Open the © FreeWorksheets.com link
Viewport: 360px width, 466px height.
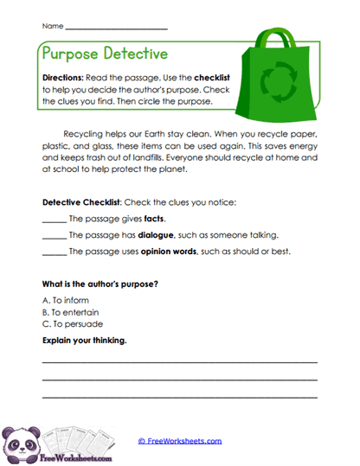click(179, 440)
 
